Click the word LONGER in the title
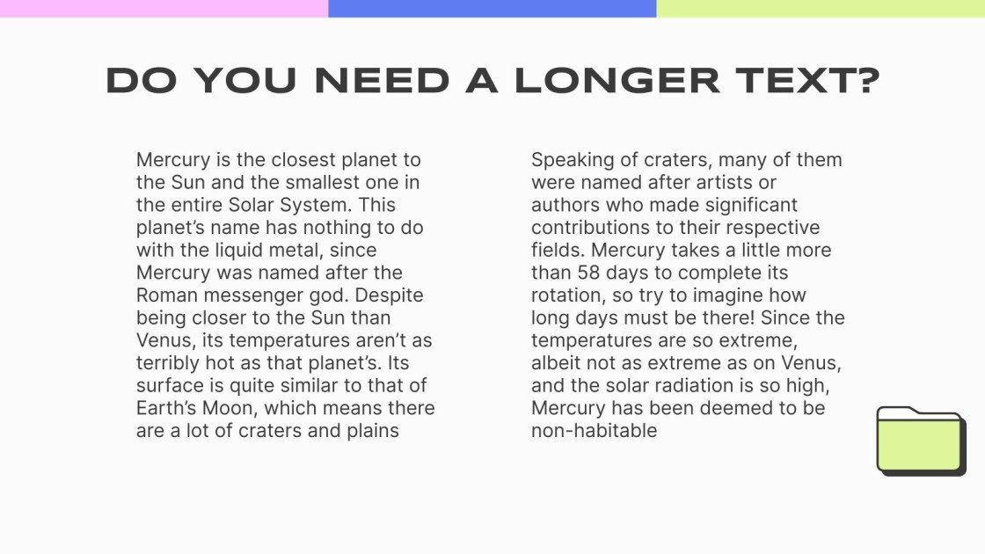tap(617, 81)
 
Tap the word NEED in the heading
tap(383, 81)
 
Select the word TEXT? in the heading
tap(808, 81)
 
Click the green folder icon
tap(921, 441)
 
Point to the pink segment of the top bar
tap(164, 8)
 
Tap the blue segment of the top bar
tap(492, 8)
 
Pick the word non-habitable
tap(595, 431)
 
